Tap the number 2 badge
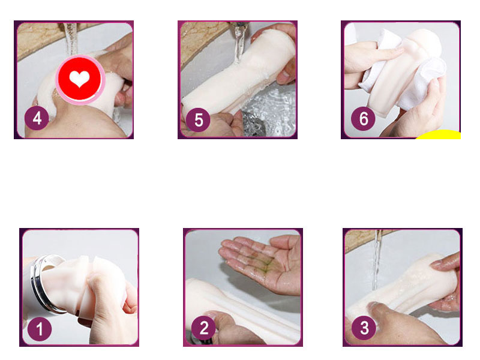[204, 328]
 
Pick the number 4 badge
[37, 118]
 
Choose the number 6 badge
[363, 118]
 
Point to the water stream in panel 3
[376, 258]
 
